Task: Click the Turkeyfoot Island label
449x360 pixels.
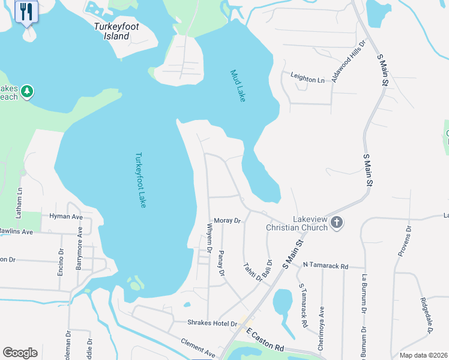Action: tap(113, 31)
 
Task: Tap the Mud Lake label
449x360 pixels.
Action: tap(238, 86)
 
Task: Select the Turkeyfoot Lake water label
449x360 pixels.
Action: tap(140, 180)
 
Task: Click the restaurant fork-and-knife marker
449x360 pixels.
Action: tap(26, 11)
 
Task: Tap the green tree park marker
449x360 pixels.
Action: tap(26, 92)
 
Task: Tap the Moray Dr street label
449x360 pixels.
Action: tap(227, 221)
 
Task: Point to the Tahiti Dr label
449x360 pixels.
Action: tap(253, 271)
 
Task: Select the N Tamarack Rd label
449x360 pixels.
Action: tap(325, 265)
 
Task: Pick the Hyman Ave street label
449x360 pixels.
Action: tap(65, 216)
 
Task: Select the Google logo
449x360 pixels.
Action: tap(20, 353)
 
